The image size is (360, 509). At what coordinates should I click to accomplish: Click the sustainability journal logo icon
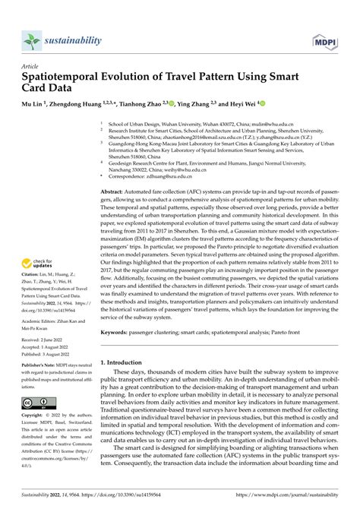30,39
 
